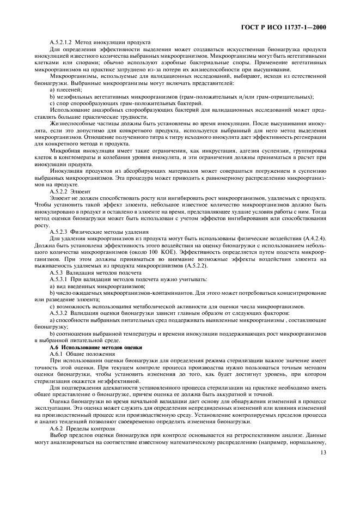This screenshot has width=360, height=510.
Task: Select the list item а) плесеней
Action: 65,89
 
